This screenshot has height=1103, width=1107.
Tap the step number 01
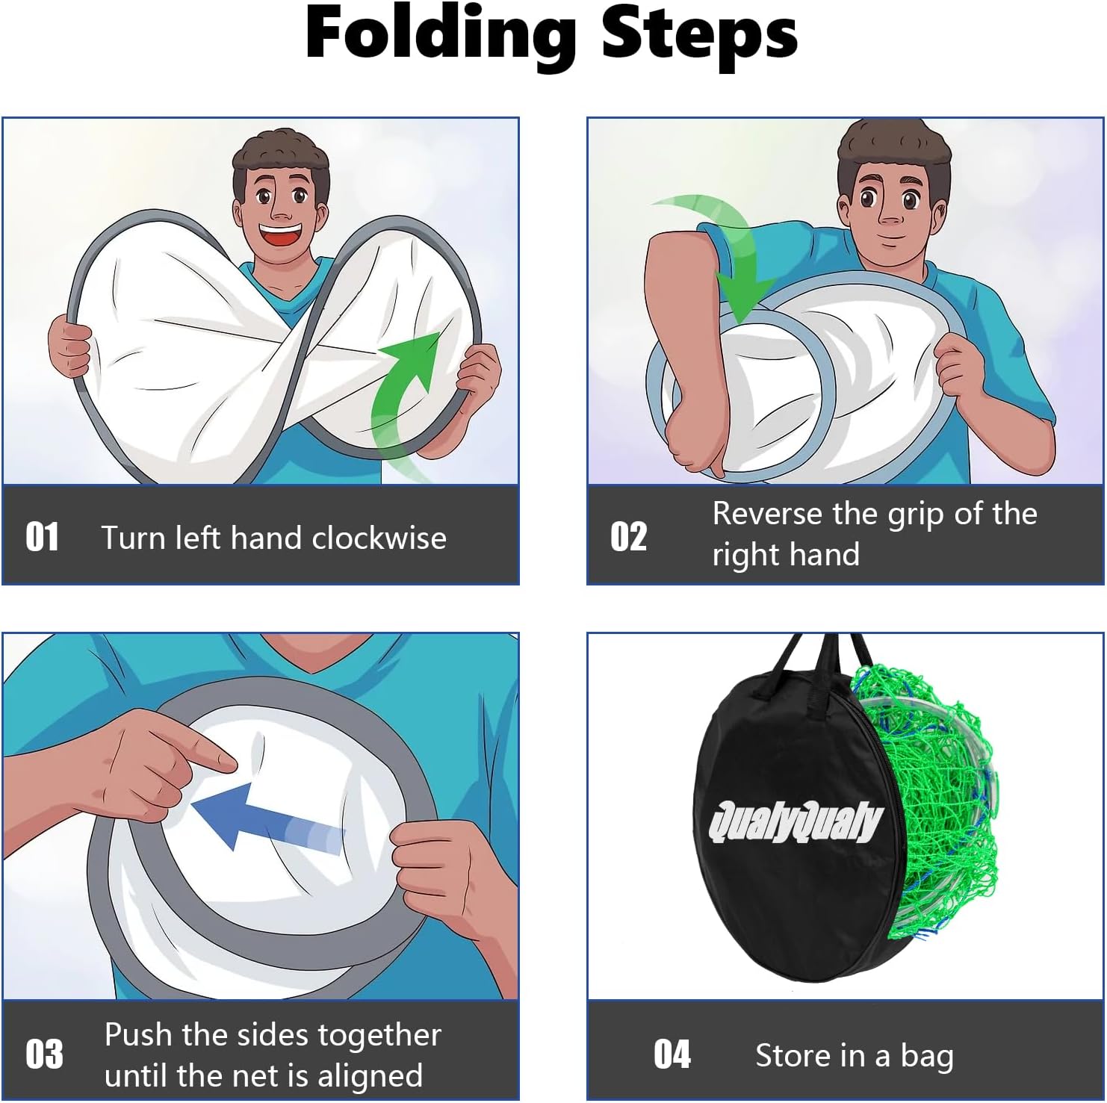coord(42,537)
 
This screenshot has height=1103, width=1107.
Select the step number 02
coord(628,537)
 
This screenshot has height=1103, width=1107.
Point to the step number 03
coord(44,1054)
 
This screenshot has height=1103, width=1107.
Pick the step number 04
coord(672,1054)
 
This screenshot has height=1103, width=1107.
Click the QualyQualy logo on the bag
coord(796,822)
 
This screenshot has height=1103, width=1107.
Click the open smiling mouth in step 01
coord(282,237)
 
